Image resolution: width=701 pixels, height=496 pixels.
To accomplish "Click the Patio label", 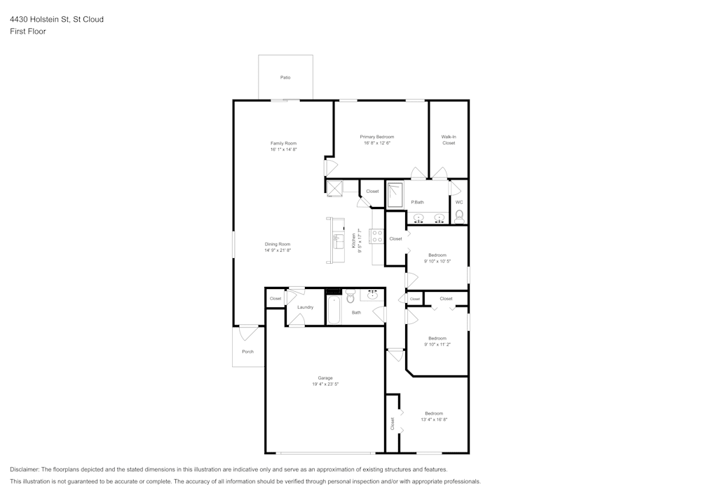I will click(285, 77).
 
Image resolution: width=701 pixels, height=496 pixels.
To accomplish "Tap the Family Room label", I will click(284, 143).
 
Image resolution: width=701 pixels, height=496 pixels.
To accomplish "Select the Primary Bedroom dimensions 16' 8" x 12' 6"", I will click(377, 143).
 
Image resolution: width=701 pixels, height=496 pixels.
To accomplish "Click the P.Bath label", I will click(417, 202).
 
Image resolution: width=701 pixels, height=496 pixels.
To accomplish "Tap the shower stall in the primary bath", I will click(396, 194).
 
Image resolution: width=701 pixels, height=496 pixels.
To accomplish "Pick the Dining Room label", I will click(278, 244).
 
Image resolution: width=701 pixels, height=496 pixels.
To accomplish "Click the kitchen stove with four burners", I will click(376, 236).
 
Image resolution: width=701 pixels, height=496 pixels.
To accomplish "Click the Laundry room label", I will click(305, 307).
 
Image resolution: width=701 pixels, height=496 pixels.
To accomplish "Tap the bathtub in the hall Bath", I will click(333, 309).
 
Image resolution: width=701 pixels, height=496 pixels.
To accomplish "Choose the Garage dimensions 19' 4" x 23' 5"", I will click(325, 384).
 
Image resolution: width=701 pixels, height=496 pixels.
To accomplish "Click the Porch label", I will click(247, 351).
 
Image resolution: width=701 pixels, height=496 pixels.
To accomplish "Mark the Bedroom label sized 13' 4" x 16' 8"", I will click(434, 413).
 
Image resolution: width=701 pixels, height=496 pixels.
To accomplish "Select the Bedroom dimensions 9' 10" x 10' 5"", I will click(437, 261).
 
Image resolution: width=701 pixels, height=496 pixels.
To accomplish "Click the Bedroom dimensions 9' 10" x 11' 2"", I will click(437, 344).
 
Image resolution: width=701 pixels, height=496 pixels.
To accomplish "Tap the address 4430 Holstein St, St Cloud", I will click(57, 20).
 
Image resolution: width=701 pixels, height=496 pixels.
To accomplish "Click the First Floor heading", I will click(28, 32).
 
